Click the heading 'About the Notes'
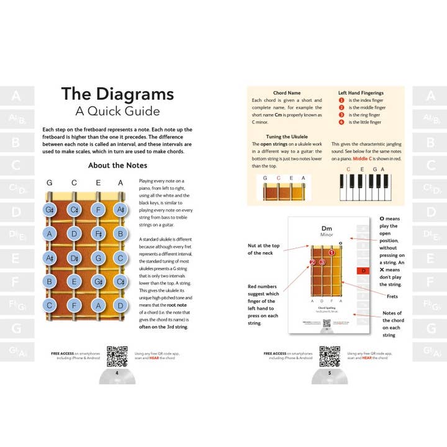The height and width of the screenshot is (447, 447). [x=117, y=165]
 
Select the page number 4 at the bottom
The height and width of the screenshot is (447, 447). [x=117, y=374]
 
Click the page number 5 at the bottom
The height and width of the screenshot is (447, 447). [x=330, y=374]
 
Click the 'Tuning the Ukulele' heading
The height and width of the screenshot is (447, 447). [x=286, y=136]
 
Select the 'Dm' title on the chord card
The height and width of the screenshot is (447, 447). [x=327, y=228]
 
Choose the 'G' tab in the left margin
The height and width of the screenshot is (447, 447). [x=16, y=327]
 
